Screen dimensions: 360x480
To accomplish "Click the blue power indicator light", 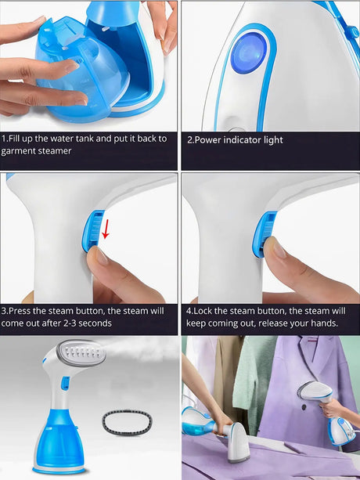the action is click(248, 52).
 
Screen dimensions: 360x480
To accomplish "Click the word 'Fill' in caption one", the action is click(13, 139).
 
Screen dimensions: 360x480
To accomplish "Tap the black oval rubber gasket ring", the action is click(127, 422).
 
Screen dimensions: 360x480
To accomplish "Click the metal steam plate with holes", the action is click(82, 355).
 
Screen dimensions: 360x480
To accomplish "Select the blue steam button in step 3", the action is click(93, 230).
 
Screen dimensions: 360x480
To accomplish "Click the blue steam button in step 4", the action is click(264, 233).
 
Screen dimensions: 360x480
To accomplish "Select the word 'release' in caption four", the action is click(290, 323).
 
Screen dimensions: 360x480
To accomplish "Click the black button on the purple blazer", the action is click(304, 407).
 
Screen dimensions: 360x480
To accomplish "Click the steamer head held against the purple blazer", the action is click(315, 392).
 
